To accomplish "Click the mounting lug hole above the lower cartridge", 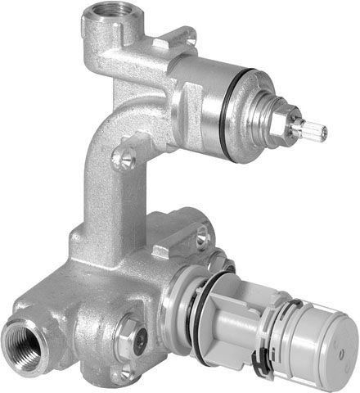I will click(201, 237).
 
